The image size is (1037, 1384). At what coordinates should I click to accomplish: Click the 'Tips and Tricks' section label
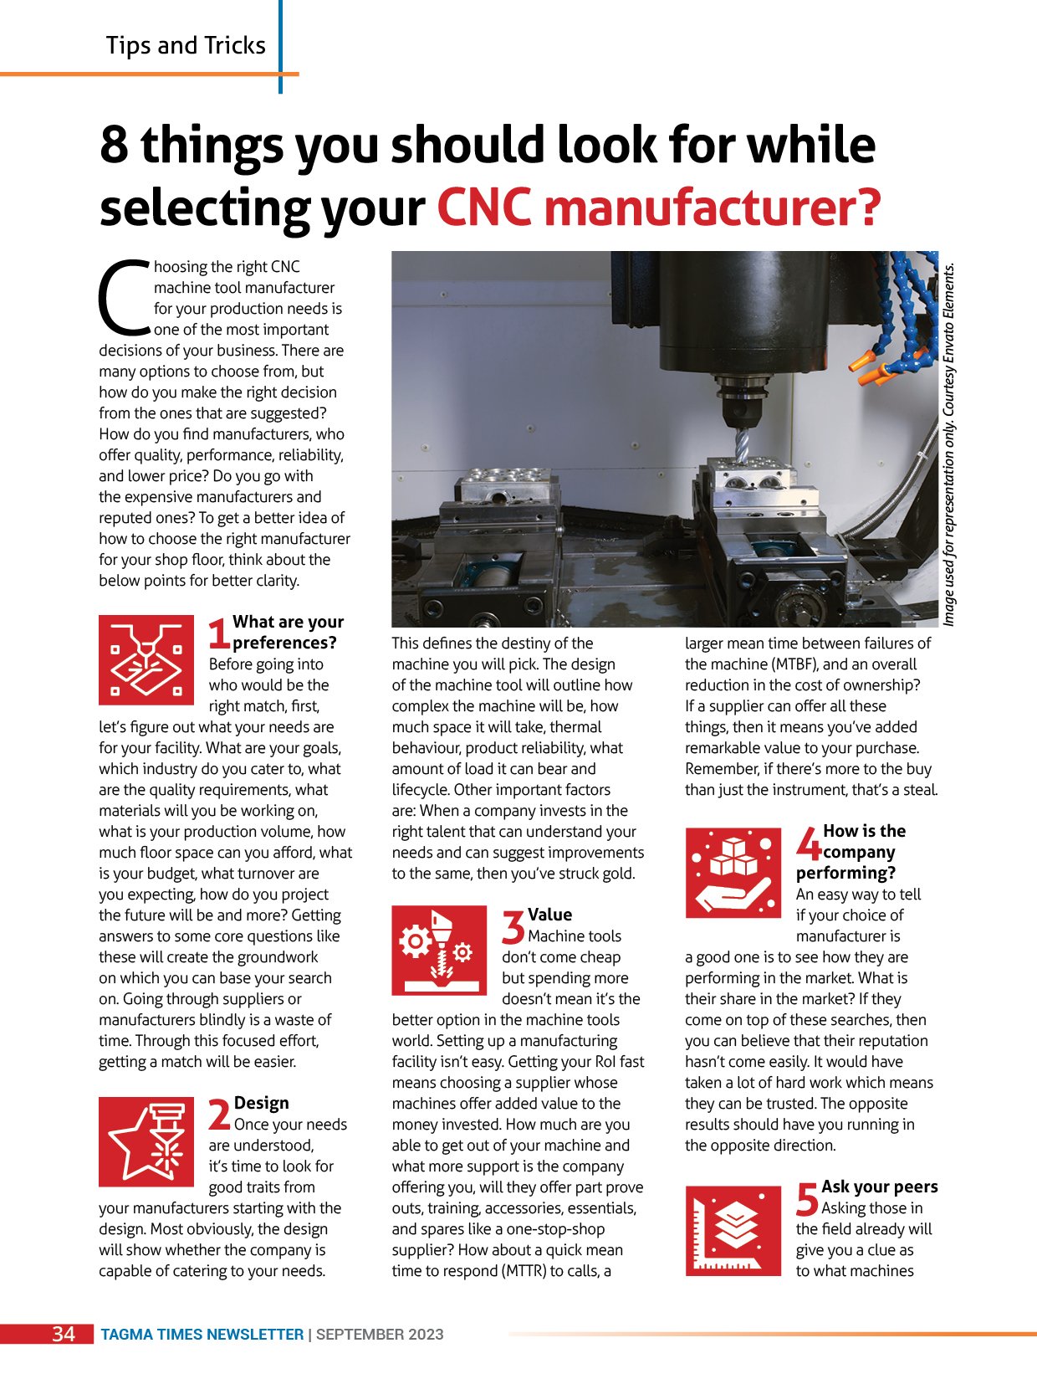186,45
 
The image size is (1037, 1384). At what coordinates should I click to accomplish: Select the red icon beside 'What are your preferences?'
146,660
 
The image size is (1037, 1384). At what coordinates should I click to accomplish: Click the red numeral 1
219,633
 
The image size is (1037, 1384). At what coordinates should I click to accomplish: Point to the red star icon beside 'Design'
146,1141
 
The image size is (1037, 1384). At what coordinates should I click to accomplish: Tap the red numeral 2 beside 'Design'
220,1115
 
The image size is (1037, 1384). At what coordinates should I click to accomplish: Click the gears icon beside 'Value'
439,950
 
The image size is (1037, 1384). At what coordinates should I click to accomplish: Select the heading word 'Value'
549,915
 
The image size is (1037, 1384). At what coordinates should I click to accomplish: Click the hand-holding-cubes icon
733,873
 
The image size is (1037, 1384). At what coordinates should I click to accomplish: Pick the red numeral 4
809,843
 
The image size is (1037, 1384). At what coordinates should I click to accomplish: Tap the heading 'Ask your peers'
879,1187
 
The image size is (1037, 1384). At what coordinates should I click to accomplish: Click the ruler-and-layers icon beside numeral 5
733,1231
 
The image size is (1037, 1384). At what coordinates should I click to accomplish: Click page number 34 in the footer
64,1334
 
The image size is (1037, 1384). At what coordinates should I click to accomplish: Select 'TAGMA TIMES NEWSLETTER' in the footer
202,1335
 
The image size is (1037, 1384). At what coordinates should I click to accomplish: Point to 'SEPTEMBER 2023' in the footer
380,1335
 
